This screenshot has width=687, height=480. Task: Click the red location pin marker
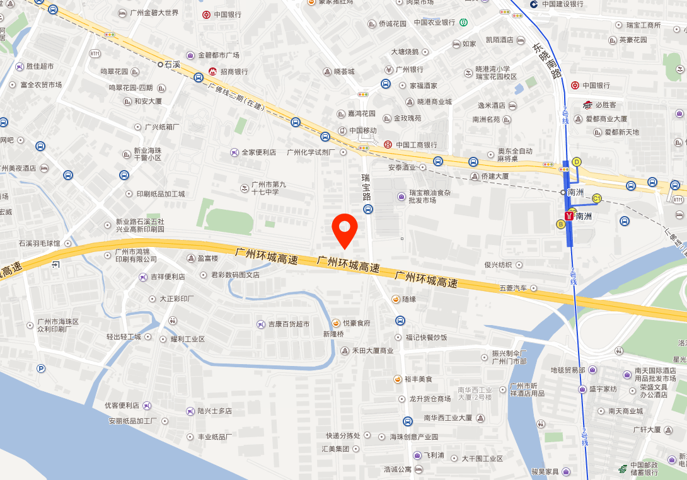click(345, 231)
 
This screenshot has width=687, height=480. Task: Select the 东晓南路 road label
click(546, 60)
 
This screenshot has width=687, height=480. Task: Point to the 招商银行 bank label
click(233, 72)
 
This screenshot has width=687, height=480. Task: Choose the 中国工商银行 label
click(416, 145)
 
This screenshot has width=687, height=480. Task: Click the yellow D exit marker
click(576, 161)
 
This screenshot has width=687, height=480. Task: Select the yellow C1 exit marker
click(596, 199)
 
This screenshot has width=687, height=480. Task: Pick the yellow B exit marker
click(560, 224)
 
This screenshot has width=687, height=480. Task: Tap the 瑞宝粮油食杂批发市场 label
click(430, 196)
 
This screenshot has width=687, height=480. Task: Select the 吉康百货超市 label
click(288, 324)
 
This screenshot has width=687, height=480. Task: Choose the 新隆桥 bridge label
click(333, 334)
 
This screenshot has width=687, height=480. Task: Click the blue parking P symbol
click(41, 369)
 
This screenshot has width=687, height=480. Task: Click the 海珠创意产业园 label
click(413, 437)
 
